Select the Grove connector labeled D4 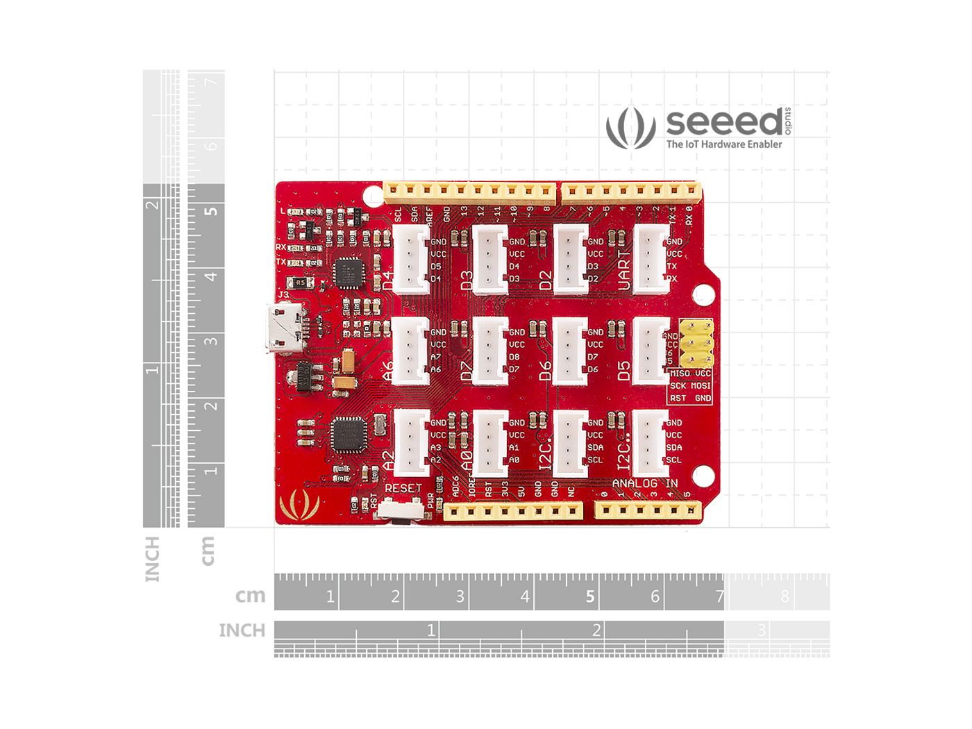(411, 258)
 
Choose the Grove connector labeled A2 (411, 441)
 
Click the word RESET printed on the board (403, 488)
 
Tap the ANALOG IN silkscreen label (644, 483)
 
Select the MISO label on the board (680, 374)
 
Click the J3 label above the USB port (283, 295)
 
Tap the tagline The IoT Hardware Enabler (723, 144)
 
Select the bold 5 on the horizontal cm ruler (590, 596)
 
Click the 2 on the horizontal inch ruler (596, 630)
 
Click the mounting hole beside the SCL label (703, 475)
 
